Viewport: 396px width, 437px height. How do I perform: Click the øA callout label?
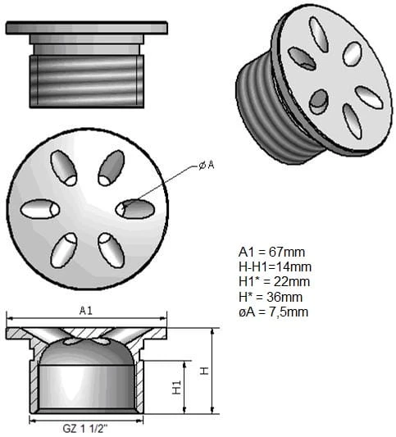pyautogui.click(x=207, y=166)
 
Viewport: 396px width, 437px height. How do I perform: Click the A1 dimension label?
pyautogui.click(x=86, y=311)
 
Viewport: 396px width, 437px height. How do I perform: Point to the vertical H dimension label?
pyautogui.click(x=204, y=371)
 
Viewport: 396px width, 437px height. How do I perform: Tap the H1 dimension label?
pyautogui.click(x=176, y=387)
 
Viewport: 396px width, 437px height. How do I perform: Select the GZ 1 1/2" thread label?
pyautogui.click(x=85, y=428)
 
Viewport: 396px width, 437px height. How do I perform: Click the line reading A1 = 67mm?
pyautogui.click(x=271, y=252)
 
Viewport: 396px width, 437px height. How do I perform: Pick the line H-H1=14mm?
pyautogui.click(x=275, y=267)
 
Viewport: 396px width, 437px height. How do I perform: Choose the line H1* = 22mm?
pyautogui.click(x=274, y=282)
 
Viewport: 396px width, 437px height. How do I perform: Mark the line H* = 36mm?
pyautogui.click(x=271, y=297)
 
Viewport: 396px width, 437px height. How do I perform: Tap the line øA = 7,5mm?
pyautogui.click(x=273, y=312)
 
